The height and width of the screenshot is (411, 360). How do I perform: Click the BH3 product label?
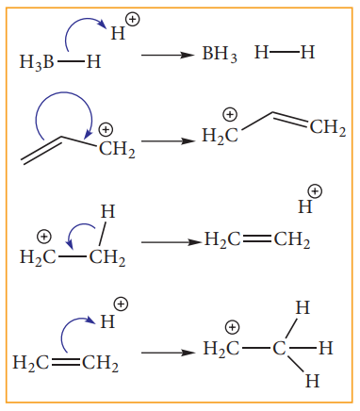(220, 54)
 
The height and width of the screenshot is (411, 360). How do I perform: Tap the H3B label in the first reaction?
(37, 62)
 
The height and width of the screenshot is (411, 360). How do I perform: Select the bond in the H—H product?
(285, 53)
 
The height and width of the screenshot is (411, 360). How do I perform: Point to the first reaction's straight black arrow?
(168, 56)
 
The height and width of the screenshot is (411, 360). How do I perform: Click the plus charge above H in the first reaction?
(132, 20)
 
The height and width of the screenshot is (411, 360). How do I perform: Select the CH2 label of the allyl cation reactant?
(117, 150)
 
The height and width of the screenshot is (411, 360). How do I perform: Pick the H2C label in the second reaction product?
(220, 136)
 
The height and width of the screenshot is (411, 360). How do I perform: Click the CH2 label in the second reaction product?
(328, 128)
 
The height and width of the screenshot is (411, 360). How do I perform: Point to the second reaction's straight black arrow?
(168, 141)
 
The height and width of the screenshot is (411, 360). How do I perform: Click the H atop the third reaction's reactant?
(108, 211)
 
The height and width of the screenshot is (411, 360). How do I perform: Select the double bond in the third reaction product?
(256, 239)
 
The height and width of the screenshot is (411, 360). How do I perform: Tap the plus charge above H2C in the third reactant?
(43, 237)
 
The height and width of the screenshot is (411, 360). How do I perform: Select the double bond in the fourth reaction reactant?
(65, 363)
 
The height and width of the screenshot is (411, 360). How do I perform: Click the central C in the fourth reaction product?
(279, 348)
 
